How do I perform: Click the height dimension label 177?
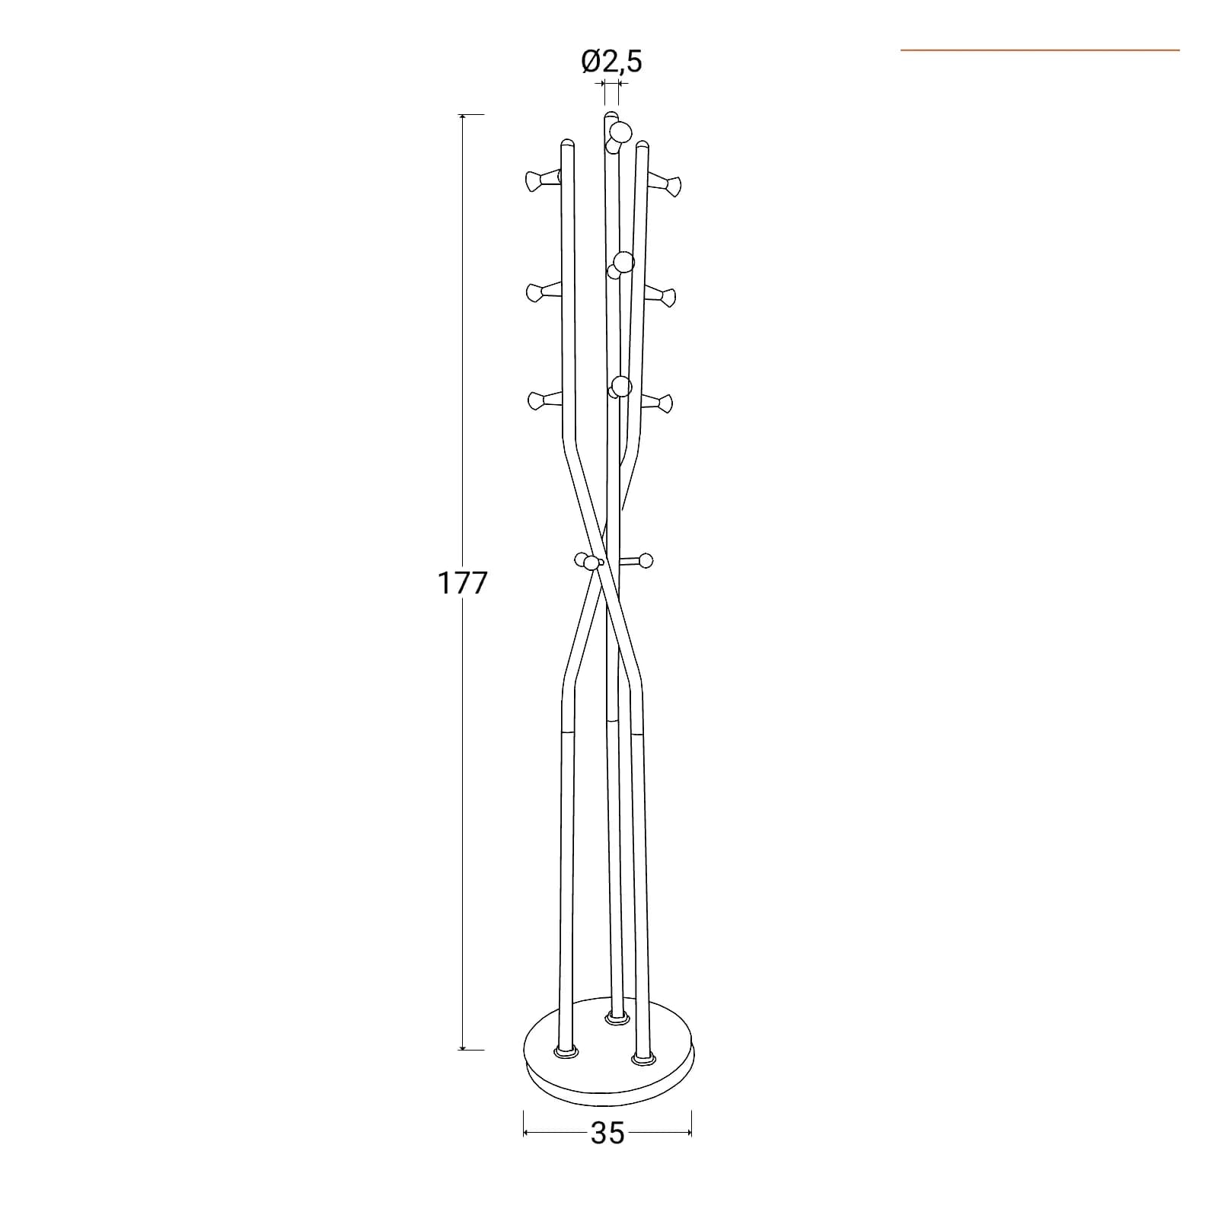click(461, 583)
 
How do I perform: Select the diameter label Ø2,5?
click(612, 61)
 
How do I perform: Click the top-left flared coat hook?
click(543, 180)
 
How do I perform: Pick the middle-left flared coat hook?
click(543, 291)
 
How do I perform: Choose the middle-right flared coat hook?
click(660, 295)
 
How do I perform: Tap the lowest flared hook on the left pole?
click(544, 400)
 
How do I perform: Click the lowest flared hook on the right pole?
click(656, 402)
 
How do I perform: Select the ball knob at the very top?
click(619, 132)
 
